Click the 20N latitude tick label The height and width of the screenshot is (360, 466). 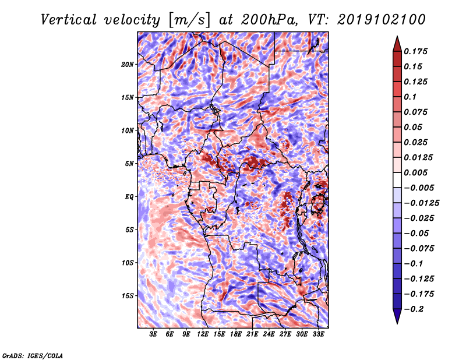coord(128,65)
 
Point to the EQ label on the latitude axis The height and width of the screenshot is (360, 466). coord(129,197)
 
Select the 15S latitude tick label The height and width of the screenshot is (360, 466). coord(128,296)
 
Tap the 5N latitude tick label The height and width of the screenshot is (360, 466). coord(129,164)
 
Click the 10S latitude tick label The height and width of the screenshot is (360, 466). coord(128,263)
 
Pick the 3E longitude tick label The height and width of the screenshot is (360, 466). coord(153,334)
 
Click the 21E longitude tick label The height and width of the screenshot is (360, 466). coord(252,334)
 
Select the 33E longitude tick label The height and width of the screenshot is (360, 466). coord(318,334)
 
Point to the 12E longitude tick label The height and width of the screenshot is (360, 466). coord(202,334)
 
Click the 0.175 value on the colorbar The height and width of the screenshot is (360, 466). coord(415,51)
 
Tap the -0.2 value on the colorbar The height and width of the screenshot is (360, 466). coord(414,309)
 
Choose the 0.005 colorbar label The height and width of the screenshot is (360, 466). coord(415,172)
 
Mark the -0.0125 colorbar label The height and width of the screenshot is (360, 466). coord(421,203)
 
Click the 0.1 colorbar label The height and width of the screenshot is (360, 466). coord(410,97)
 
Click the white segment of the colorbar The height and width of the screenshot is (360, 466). coord(397,180)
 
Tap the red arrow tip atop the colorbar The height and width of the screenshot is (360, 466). coord(397,37)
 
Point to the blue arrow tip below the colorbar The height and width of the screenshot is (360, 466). coord(397,323)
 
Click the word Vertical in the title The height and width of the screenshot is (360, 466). coord(69,20)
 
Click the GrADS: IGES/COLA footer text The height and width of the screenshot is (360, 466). coord(33,355)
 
